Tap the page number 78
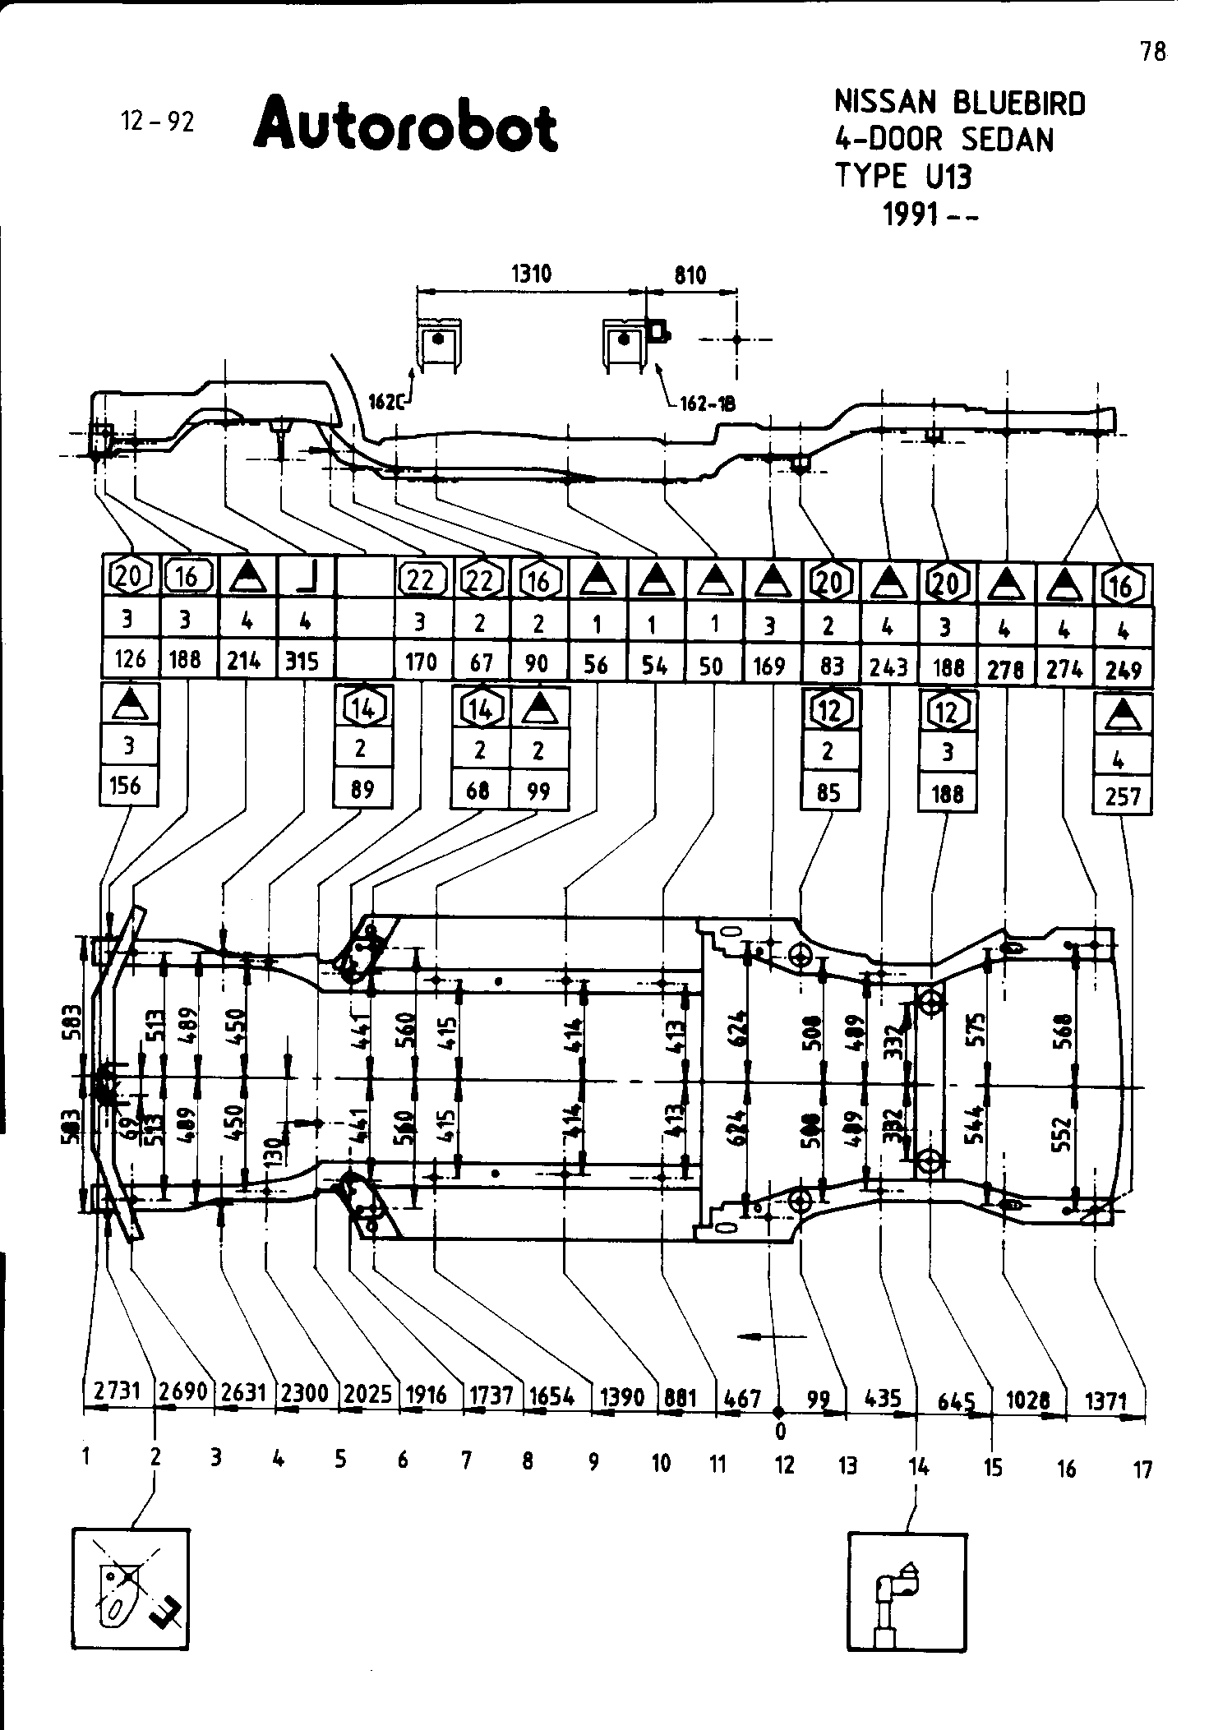pos(1152,52)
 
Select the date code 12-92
pos(158,122)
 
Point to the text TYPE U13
pos(902,176)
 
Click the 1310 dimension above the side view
pos(531,274)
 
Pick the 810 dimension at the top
pos(690,275)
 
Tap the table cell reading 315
pos(303,662)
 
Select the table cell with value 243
pos(888,666)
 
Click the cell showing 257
pos(1123,796)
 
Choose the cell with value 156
pos(128,787)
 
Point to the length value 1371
pos(1105,1400)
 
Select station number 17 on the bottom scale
pos(1142,1469)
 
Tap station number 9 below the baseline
pos(593,1461)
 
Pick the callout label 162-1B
pos(708,404)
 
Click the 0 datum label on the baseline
pos(780,1431)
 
